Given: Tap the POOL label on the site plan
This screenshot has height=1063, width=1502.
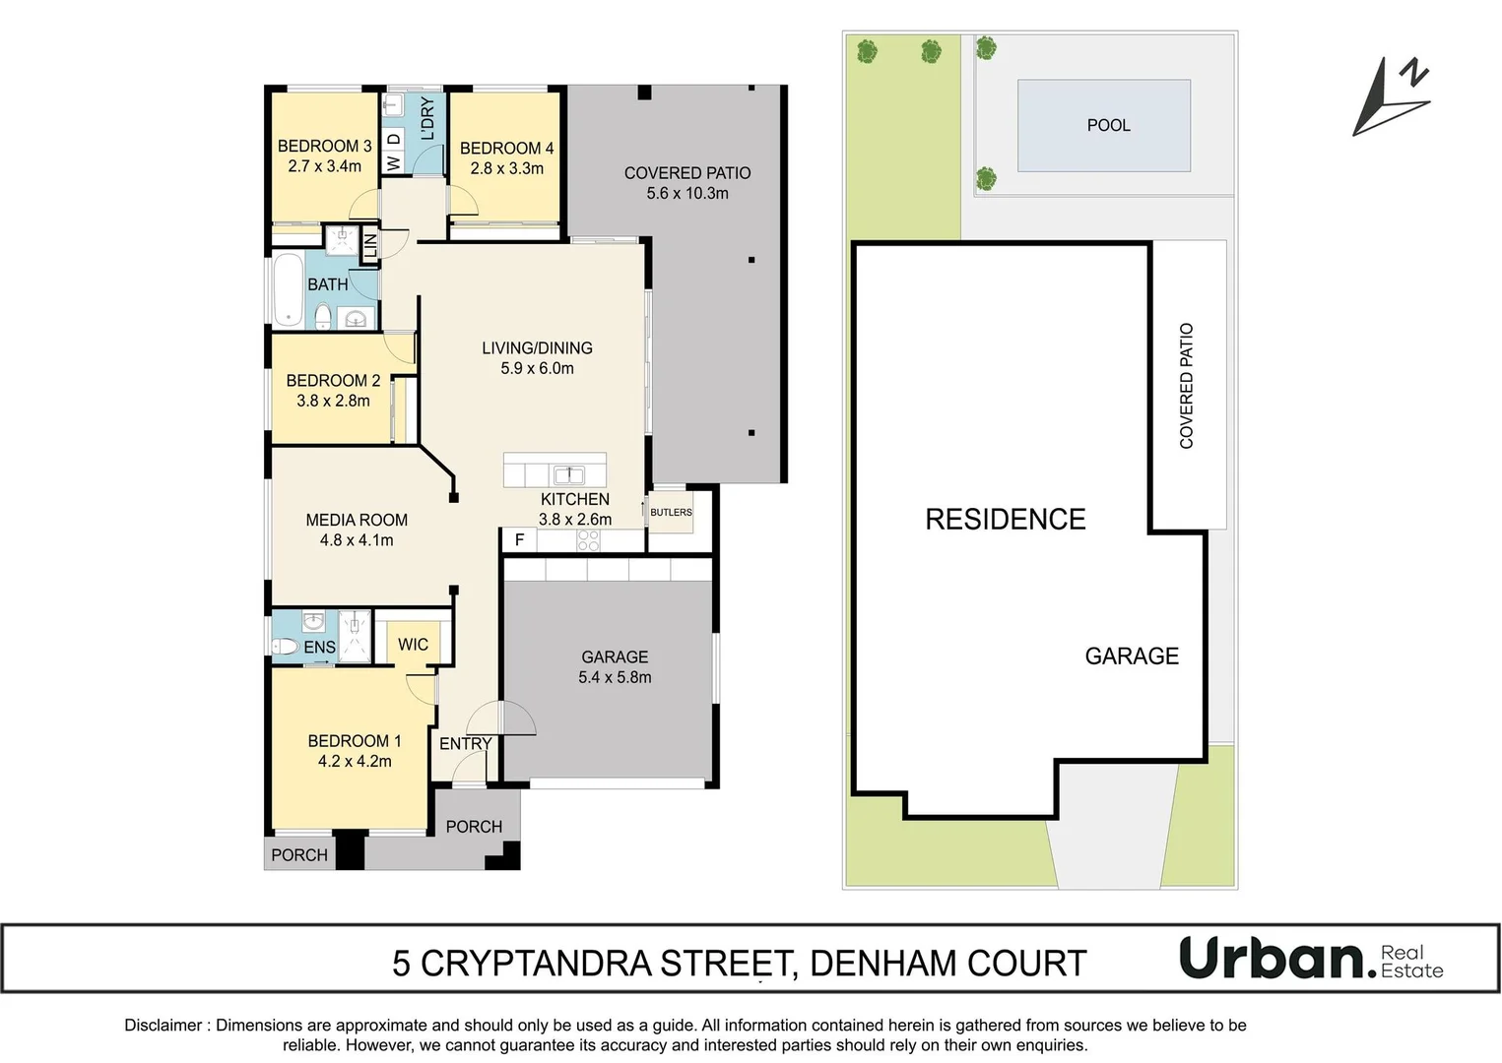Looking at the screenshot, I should pyautogui.click(x=1108, y=125).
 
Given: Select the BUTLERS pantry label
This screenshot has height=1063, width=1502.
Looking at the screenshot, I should pyautogui.click(x=671, y=512).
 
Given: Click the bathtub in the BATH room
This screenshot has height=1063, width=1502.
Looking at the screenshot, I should pyautogui.click(x=288, y=289).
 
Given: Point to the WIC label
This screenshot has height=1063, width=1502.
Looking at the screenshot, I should pyautogui.click(x=413, y=645).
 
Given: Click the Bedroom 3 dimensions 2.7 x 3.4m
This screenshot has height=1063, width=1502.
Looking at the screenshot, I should pyautogui.click(x=324, y=167).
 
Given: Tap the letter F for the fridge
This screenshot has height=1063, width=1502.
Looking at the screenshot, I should pyautogui.click(x=519, y=540).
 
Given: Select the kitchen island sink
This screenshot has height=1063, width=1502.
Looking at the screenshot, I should pyautogui.click(x=569, y=473).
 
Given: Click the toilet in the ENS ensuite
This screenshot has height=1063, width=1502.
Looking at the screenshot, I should pyautogui.click(x=285, y=647).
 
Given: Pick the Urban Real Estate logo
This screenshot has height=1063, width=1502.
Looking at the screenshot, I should pyautogui.click(x=1311, y=959).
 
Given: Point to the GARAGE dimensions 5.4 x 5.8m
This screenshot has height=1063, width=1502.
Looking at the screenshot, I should pyautogui.click(x=615, y=677).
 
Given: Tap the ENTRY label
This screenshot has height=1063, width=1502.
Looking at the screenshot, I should pyautogui.click(x=465, y=744).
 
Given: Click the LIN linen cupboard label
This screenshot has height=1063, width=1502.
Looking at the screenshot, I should pyautogui.click(x=370, y=245).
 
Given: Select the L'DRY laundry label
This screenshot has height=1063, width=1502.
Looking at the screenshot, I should pyautogui.click(x=427, y=118).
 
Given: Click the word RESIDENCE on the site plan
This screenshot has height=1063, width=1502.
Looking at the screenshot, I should pyautogui.click(x=1005, y=520).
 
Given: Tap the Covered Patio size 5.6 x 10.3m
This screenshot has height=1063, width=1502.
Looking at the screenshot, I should pyautogui.click(x=687, y=194).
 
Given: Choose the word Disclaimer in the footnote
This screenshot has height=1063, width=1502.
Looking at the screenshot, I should pyautogui.click(x=163, y=1026).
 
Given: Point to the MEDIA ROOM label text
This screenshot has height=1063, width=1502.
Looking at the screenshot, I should pyautogui.click(x=357, y=520).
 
